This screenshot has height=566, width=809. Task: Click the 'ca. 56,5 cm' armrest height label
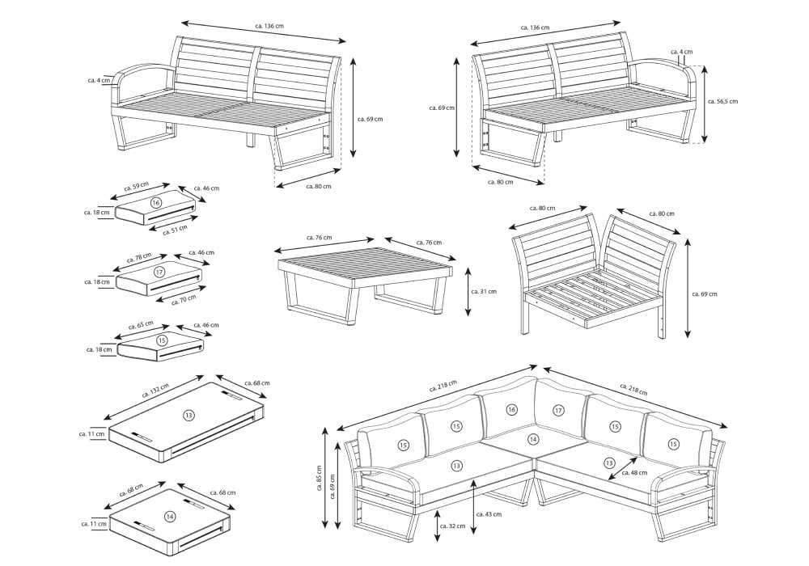(x=722, y=102)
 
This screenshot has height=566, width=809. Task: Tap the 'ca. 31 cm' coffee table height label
(x=483, y=291)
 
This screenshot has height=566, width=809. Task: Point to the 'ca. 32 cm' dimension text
(x=452, y=526)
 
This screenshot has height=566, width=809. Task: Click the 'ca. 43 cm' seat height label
(x=489, y=513)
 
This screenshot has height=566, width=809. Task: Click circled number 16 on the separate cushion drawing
(x=156, y=202)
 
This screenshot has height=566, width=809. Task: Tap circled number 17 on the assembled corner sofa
(x=559, y=411)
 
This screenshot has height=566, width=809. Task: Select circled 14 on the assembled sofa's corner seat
(x=532, y=439)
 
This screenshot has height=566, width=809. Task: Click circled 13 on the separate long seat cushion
(x=188, y=415)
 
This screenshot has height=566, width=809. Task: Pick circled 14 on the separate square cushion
(x=170, y=516)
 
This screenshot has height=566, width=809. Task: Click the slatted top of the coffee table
(x=364, y=261)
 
